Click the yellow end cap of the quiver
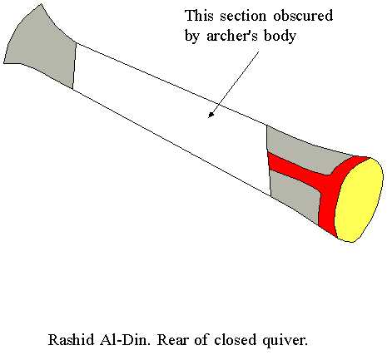coord(359,200)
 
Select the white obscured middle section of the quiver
coord(172,116)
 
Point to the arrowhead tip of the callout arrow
coord(209,116)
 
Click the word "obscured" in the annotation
coord(303,16)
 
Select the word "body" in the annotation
coord(280,37)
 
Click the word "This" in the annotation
coord(200,16)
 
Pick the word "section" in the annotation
coord(244,17)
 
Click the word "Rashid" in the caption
coord(72,340)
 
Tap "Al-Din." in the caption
coord(125,340)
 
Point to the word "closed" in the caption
coord(235,340)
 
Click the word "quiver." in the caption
coord(285,340)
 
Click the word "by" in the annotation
coord(193,37)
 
